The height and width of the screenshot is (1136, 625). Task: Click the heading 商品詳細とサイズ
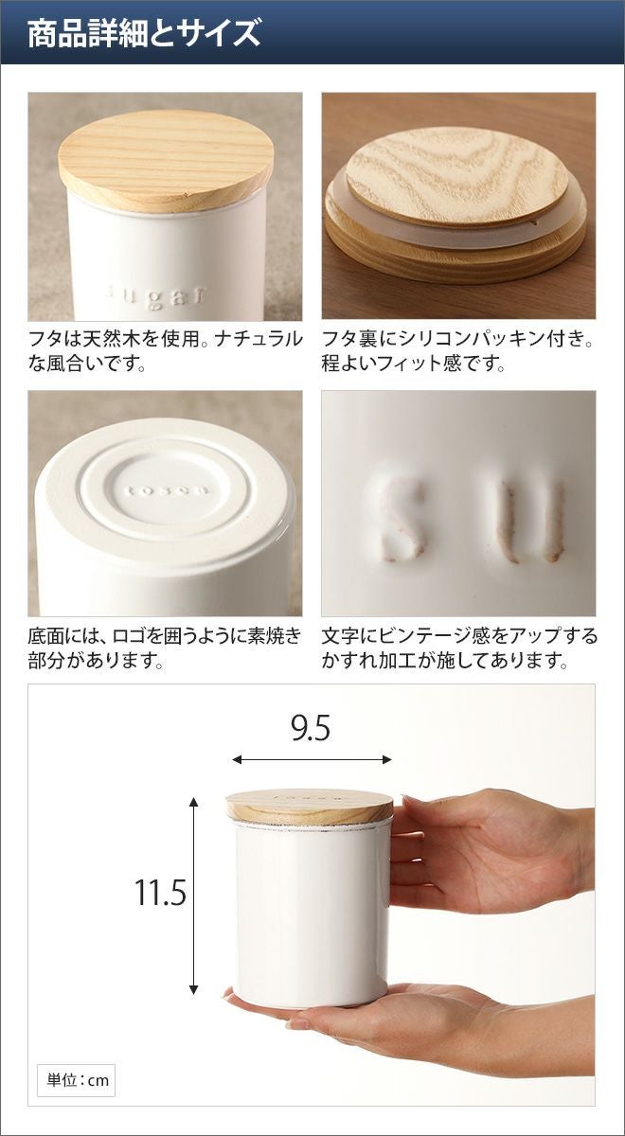pyautogui.click(x=144, y=33)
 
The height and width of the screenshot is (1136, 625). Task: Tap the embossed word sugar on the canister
pyautogui.click(x=158, y=297)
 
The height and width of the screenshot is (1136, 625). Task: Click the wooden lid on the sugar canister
pyautogui.click(x=167, y=160)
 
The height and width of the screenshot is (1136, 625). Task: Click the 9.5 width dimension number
pyautogui.click(x=311, y=728)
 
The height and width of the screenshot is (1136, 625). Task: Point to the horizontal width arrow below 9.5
pyautogui.click(x=312, y=759)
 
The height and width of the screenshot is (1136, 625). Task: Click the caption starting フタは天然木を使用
pyautogui.click(x=166, y=350)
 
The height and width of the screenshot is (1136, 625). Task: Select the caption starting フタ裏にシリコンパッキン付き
pyautogui.click(x=458, y=350)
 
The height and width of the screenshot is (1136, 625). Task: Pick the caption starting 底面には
pyautogui.click(x=165, y=648)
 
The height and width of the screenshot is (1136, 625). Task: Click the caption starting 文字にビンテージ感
pyautogui.click(x=459, y=648)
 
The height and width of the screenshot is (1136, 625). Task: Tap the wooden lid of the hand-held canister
pyautogui.click(x=310, y=807)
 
